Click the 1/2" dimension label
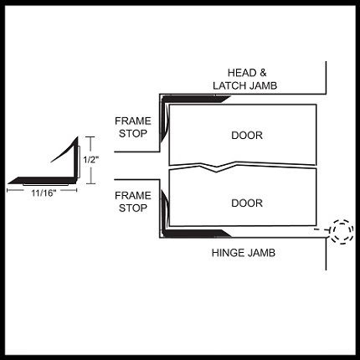click(91, 160)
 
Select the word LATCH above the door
click(229, 85)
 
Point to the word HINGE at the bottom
click(228, 253)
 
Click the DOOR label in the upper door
click(247, 136)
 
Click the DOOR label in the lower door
click(247, 203)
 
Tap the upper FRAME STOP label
click(133, 127)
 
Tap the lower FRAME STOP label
click(133, 202)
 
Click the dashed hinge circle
click(342, 221)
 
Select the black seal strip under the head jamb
click(195, 99)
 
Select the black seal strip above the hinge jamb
click(195, 234)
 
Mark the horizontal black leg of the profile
click(42, 181)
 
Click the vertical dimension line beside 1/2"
click(90, 160)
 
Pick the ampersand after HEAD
click(263, 73)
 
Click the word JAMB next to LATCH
click(263, 85)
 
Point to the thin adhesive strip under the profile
click(45, 184)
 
